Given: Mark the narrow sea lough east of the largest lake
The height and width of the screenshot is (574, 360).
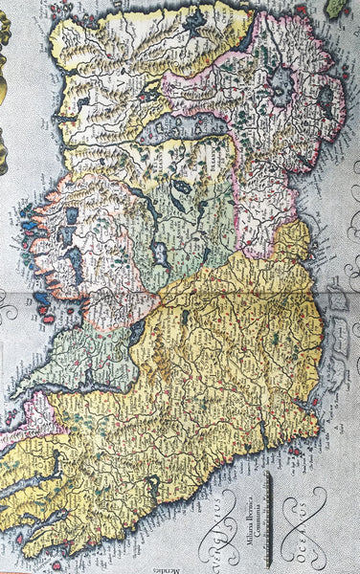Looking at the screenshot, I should pos(326,97).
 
